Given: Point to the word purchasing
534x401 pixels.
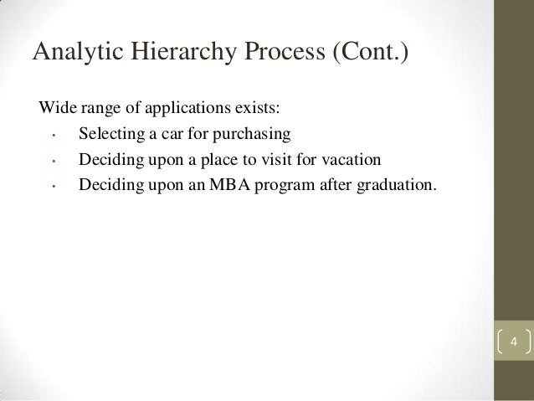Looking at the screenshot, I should pos(249,134).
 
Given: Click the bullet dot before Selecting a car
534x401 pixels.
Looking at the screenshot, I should pos(53,136).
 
